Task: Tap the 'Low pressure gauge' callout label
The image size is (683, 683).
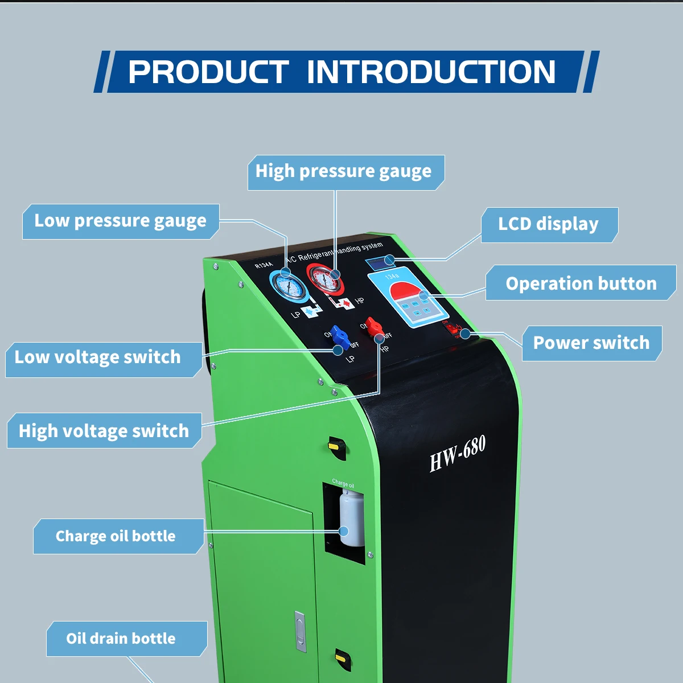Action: point(121,221)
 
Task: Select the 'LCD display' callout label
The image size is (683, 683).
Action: point(549,225)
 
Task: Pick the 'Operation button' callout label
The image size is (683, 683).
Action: point(581,283)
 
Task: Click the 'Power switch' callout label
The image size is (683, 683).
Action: point(591,343)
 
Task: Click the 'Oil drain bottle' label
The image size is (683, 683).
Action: point(121,639)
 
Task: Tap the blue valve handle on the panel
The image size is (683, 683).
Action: point(340,337)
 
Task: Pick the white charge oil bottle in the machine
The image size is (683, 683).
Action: point(352,518)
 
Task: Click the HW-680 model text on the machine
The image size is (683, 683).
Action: point(458,454)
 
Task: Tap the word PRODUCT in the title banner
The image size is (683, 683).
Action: point(208,72)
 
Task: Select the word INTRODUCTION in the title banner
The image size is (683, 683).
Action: point(431,72)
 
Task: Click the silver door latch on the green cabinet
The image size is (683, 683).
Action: point(300,631)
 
